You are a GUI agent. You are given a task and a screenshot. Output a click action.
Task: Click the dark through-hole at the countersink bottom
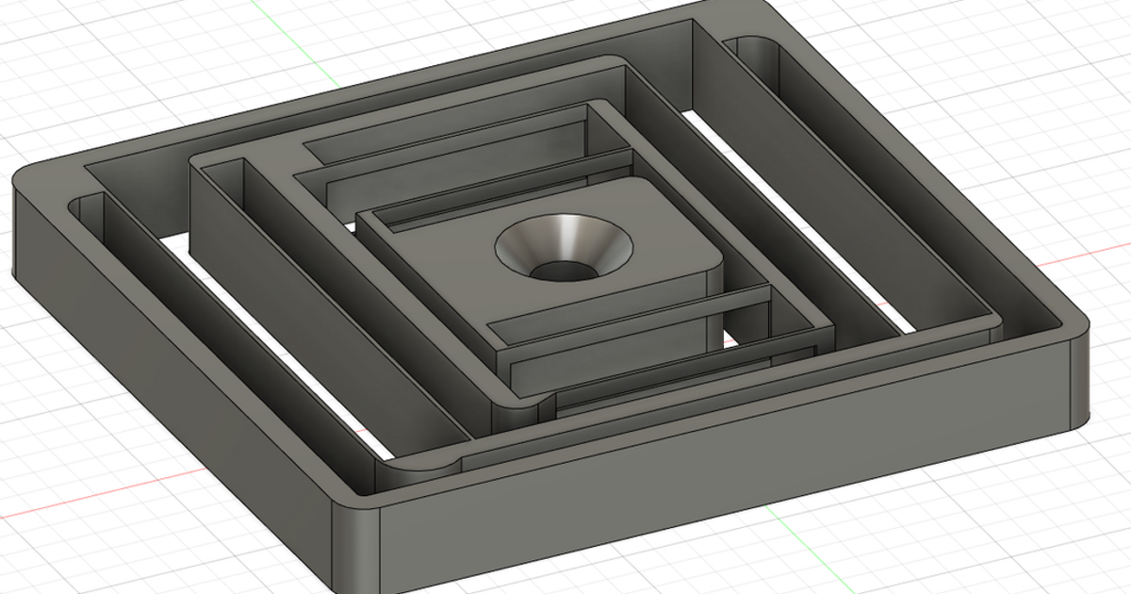pos(562,272)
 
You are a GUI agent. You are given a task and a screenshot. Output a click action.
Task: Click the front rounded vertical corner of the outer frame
pos(358,547)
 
